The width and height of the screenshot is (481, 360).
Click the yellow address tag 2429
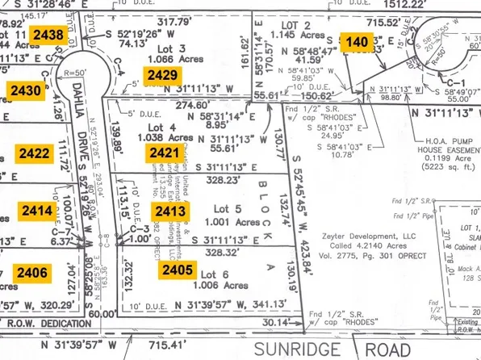click(x=161, y=75)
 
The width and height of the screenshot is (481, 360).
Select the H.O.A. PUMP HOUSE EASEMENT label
click(x=444, y=149)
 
